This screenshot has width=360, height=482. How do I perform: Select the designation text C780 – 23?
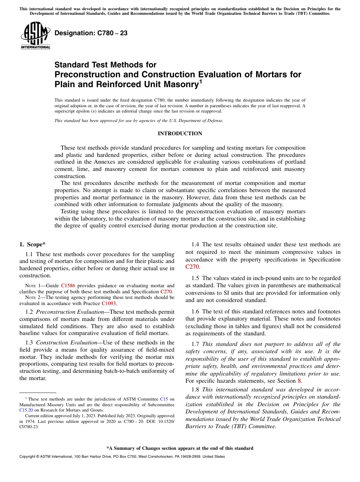91,33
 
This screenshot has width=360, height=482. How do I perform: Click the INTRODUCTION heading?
180,134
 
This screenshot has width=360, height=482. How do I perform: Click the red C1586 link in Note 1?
68,286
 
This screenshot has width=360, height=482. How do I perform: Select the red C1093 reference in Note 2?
109,303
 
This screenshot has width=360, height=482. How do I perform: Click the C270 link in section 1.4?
192,267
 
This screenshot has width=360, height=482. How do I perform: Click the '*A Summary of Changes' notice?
180,448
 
